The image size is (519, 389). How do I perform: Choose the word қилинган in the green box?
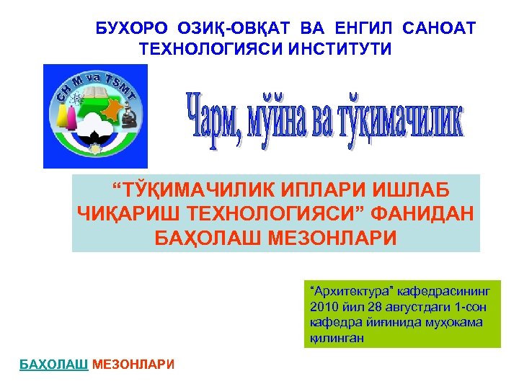pos(335,337)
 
